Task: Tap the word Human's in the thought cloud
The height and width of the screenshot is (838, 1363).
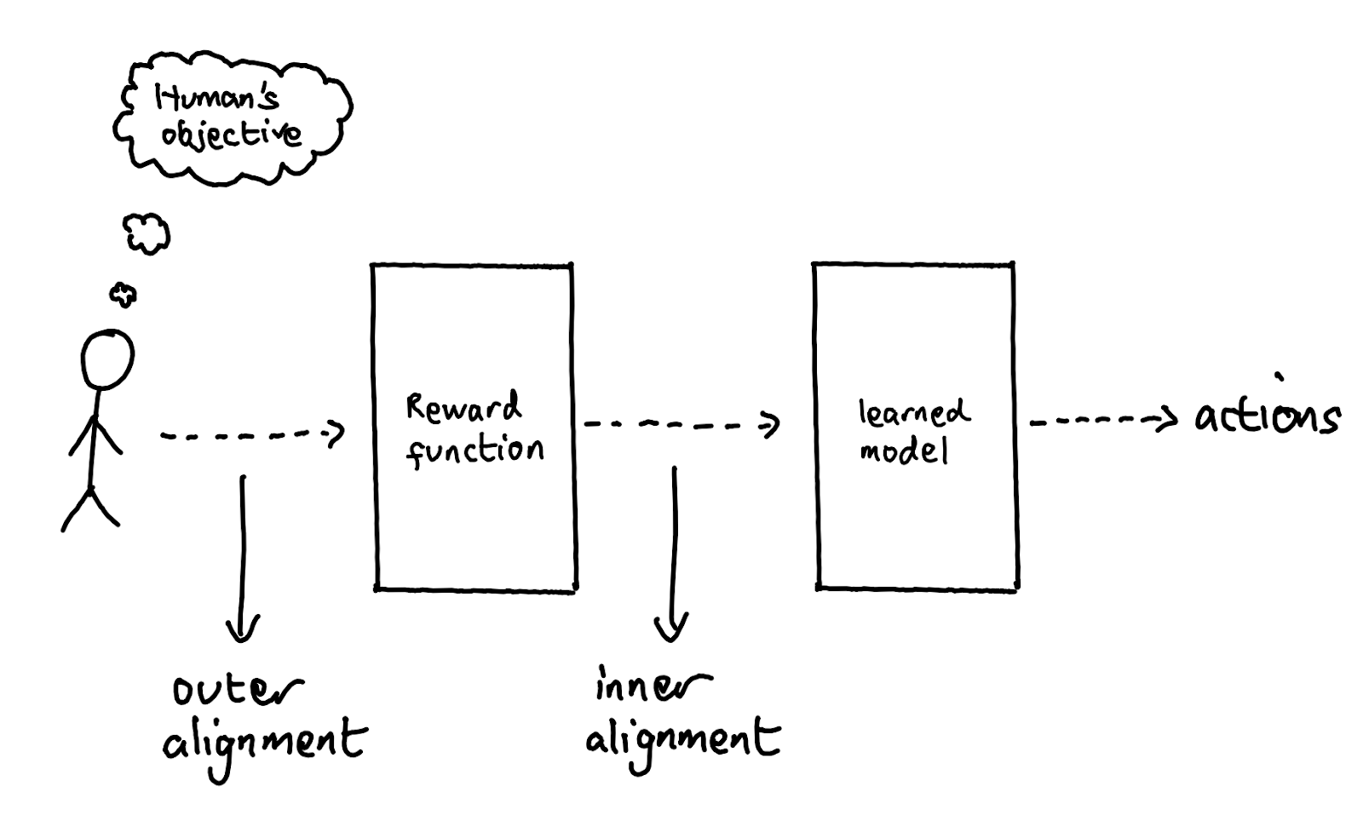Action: coord(216,98)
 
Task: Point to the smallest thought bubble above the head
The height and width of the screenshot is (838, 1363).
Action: coord(124,295)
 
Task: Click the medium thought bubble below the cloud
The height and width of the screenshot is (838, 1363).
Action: coord(146,232)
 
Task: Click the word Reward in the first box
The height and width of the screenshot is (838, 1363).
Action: coord(463,407)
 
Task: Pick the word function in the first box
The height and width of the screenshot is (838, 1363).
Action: coord(474,450)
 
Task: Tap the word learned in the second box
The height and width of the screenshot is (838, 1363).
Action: coord(913,413)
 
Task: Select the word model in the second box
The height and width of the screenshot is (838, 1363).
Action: coord(903,450)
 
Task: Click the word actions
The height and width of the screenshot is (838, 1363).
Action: coord(1266,416)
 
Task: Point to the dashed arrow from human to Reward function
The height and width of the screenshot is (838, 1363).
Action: coord(252,435)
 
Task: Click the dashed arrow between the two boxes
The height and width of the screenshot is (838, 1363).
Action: coord(681,423)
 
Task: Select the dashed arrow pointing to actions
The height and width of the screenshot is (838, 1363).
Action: coord(1103,420)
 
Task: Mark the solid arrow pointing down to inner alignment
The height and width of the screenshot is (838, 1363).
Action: coord(673,554)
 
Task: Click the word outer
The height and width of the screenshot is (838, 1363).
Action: coord(238,691)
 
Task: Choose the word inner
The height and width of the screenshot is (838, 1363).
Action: coord(653,686)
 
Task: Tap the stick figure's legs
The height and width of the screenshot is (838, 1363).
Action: coord(90,508)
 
